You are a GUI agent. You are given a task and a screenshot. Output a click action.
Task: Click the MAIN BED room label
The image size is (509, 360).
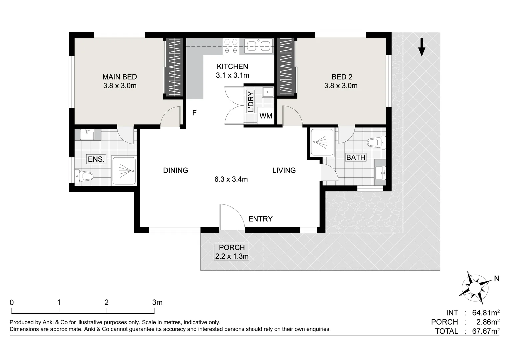pyautogui.click(x=120, y=77)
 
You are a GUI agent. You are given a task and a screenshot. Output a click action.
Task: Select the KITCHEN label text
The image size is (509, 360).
pyautogui.click(x=232, y=66)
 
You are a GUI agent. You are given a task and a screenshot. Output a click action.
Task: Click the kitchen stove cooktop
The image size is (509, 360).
pyautogui.click(x=231, y=46)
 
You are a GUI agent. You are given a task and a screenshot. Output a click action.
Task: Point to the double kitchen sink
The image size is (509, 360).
pyautogui.click(x=259, y=46)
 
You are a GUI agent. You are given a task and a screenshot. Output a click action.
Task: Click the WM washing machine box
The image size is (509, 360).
pyautogui.click(x=266, y=116)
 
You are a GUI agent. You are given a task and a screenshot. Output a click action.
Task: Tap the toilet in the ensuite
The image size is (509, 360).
pyautogui.click(x=83, y=176)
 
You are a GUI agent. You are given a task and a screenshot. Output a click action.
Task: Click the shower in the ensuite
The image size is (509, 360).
pyautogui.click(x=124, y=171)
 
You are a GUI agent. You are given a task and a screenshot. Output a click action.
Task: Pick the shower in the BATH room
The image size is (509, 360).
pyautogui.click(x=322, y=142)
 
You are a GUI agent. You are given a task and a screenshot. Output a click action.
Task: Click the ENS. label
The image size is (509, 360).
pyautogui.click(x=96, y=159)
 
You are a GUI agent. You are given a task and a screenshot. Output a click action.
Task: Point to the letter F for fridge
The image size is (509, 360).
pyautogui.click(x=194, y=113)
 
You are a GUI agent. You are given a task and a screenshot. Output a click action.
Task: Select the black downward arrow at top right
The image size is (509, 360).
pyautogui.click(x=422, y=47)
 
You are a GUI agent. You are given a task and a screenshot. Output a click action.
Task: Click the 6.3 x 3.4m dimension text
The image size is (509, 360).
pyautogui.click(x=231, y=179)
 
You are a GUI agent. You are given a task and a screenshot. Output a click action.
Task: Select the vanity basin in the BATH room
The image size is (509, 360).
pyautogui.click(x=380, y=173)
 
